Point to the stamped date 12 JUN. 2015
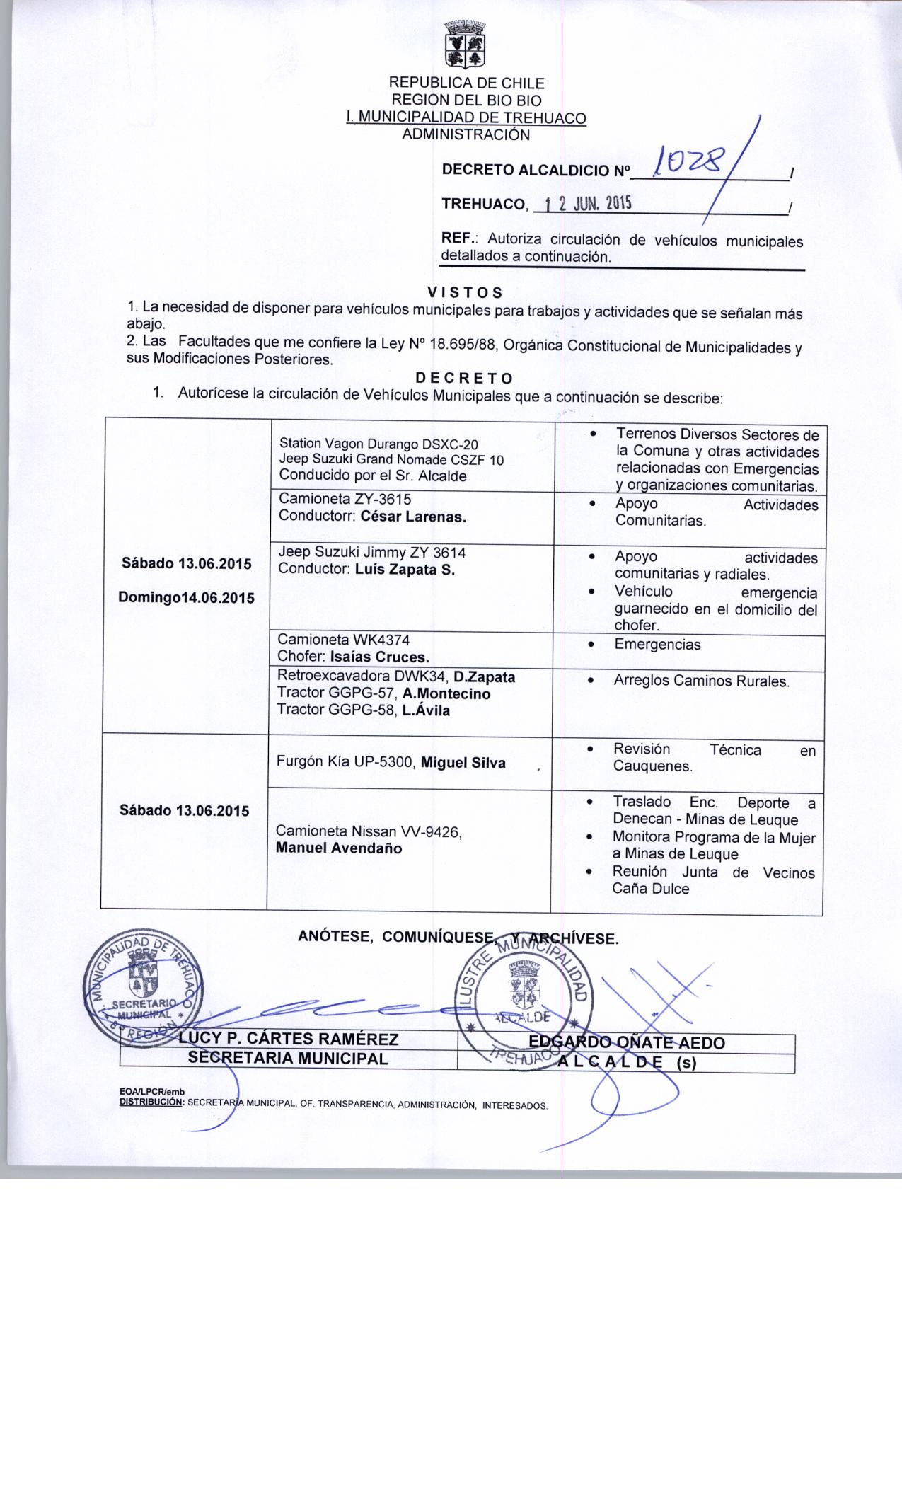point(584,204)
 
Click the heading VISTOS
point(466,292)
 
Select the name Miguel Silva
point(463,762)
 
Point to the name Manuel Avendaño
point(339,848)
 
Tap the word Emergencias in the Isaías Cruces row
point(657,645)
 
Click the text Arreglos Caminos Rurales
point(701,681)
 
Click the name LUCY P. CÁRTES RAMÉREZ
point(289,1039)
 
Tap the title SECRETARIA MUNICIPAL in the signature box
point(287,1059)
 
